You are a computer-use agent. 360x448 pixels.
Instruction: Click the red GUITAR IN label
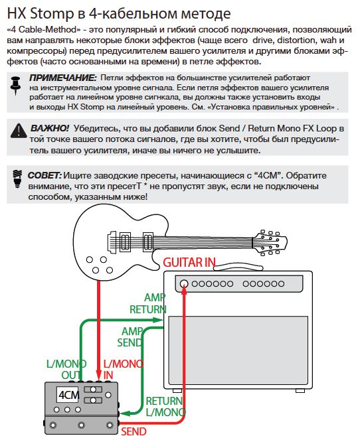pos(189,262)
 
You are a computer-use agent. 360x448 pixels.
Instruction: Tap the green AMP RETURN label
pos(148,303)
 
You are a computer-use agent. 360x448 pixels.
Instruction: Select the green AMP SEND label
pos(130,337)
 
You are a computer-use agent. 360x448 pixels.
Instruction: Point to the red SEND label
pos(134,431)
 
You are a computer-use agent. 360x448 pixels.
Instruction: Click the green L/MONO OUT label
pos(66,370)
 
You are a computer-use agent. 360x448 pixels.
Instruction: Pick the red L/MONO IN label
pos(123,370)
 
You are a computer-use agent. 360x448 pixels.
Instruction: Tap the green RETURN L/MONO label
pos(165,407)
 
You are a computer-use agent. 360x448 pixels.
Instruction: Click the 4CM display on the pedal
pos(68,395)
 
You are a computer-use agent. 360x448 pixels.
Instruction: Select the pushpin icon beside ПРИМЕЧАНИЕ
pos(16,85)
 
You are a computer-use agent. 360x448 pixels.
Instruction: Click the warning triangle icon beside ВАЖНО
pos(19,131)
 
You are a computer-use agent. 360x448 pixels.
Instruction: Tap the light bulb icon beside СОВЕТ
pos(17,179)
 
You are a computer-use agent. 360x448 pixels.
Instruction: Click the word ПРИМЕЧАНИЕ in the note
pos(63,78)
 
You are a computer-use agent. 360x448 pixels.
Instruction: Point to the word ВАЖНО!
pos(49,128)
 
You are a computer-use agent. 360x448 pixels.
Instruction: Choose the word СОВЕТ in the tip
pos(45,175)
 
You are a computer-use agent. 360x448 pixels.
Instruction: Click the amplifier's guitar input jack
pos(184,283)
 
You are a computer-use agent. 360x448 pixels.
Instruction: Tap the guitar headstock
pos(270,242)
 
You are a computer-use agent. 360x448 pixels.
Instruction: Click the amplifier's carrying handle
pos(238,267)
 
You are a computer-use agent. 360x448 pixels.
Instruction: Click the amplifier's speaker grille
pos(238,350)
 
